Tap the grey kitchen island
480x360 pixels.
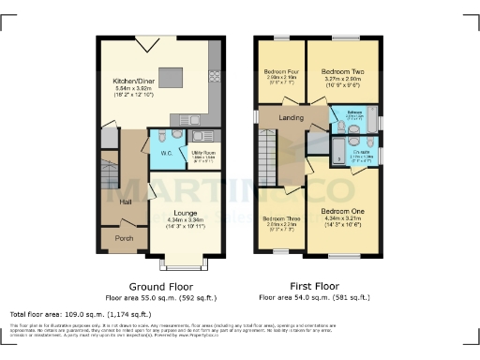pyautogui.click(x=171, y=77)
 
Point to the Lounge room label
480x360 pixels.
pyautogui.click(x=185, y=214)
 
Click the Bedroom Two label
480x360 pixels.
pyautogui.click(x=342, y=70)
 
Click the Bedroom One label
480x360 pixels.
pyautogui.click(x=342, y=211)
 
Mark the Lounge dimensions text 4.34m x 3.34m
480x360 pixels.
pyautogui.click(x=185, y=221)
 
